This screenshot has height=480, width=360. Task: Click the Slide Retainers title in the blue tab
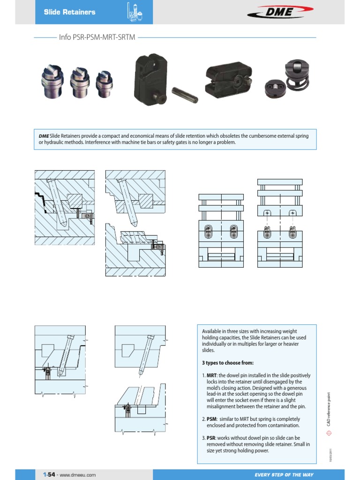pos(69,12)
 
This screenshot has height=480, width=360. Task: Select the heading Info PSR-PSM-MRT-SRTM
pos(97,37)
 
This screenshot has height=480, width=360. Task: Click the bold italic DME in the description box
pos(44,136)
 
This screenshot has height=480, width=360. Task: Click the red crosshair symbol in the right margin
pos(330,435)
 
